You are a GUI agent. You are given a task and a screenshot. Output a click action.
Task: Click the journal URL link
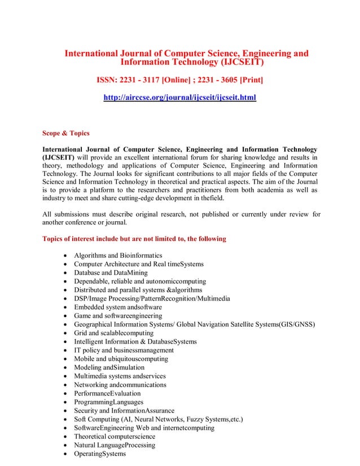tap(179, 98)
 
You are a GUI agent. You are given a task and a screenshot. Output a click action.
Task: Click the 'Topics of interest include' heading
tap(134, 239)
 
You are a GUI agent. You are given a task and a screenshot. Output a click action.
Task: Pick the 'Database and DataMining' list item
tap(111, 272)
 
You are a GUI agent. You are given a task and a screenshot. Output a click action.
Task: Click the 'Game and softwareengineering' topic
tap(118, 316)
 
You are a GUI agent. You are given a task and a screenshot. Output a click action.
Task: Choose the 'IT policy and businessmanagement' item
tap(124, 350)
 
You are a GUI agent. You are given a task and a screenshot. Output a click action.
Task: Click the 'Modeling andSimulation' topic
tap(109, 367)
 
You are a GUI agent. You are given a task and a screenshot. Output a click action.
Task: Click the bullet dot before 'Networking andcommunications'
tap(67, 385)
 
